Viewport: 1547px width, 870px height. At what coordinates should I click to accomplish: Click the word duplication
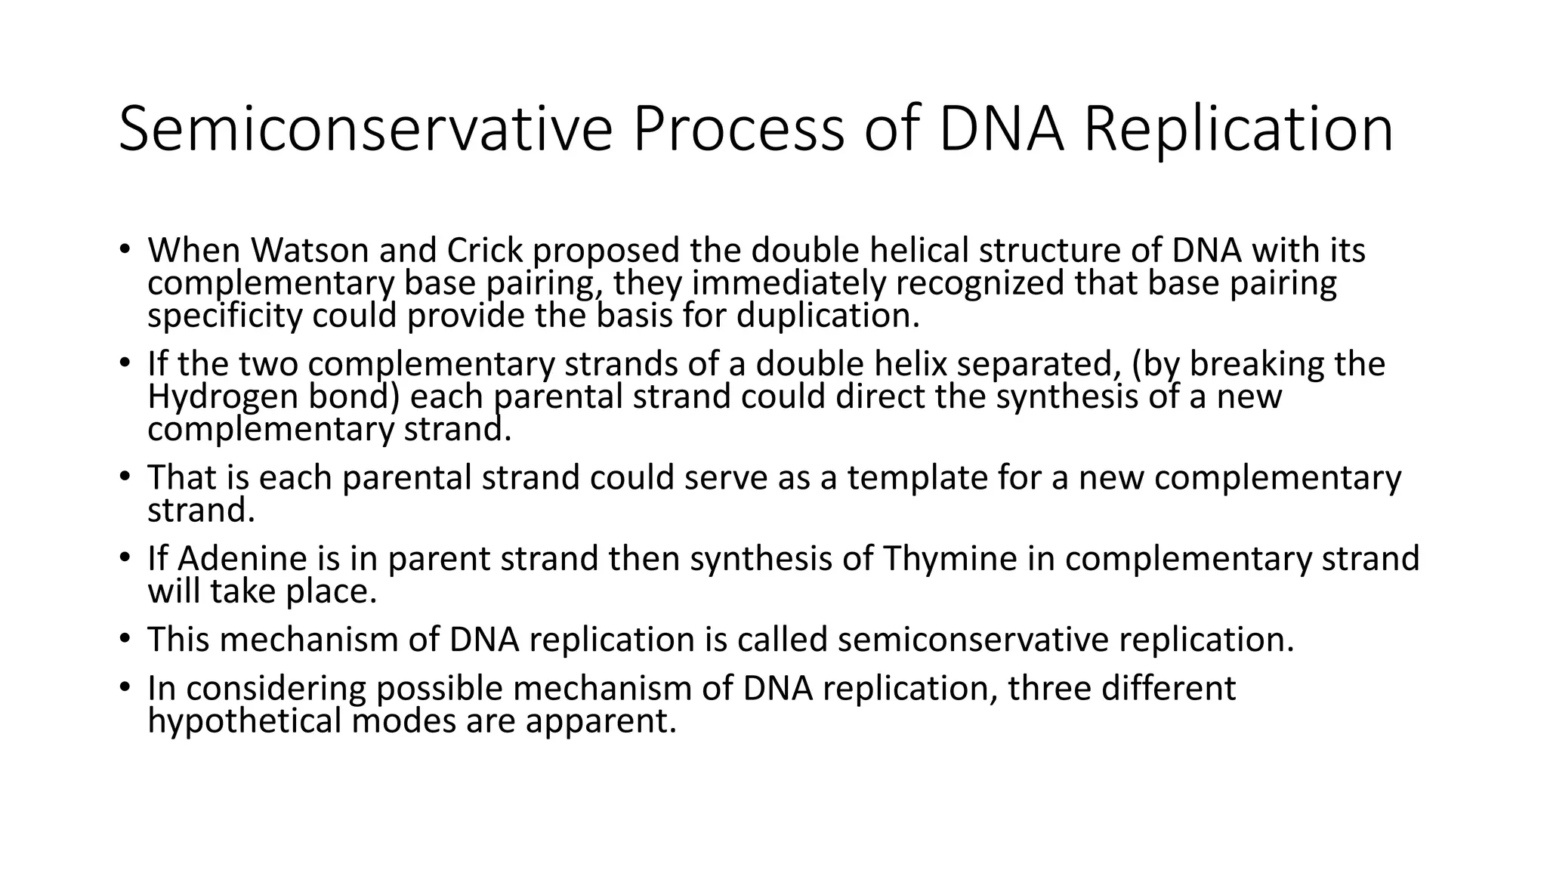tap(828, 316)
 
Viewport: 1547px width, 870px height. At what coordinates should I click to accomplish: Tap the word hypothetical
tap(244, 720)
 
